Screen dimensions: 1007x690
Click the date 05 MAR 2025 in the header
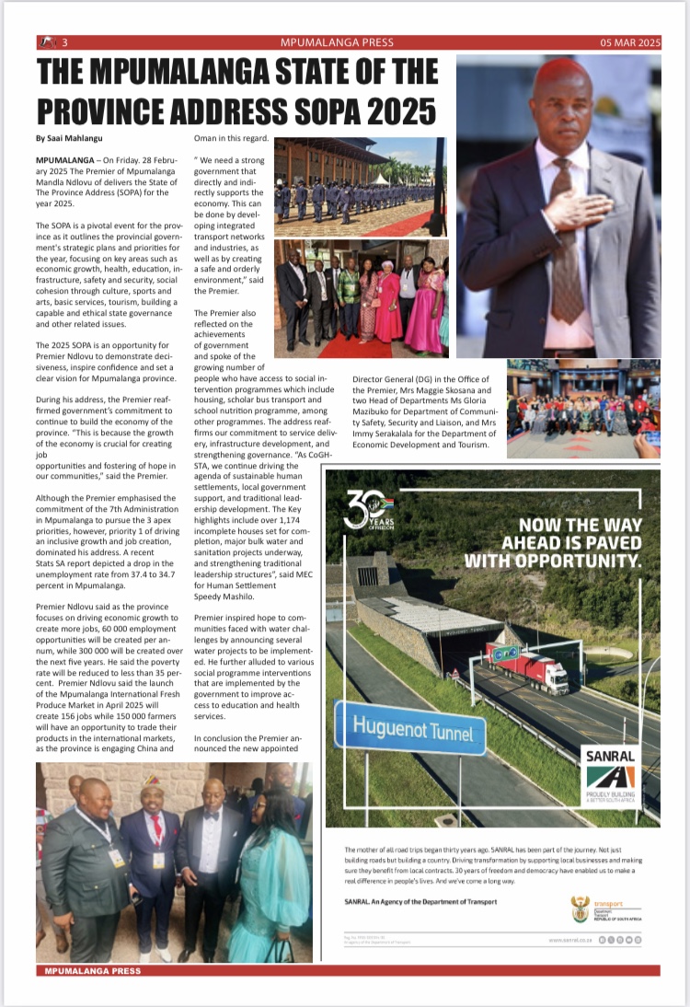(x=630, y=42)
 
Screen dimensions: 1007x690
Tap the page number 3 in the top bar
(x=65, y=42)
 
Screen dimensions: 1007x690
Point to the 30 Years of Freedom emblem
(x=368, y=512)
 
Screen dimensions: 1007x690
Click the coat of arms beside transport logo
(x=580, y=909)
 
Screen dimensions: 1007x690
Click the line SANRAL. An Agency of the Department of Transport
(x=420, y=902)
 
